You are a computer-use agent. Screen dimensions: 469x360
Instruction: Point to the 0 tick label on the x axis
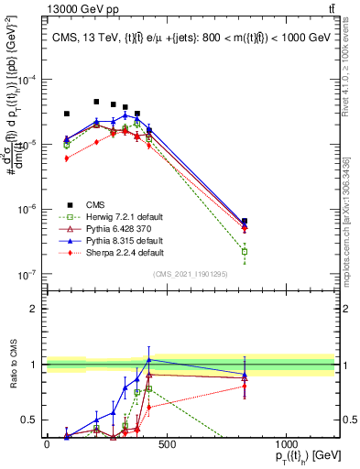click(x=47, y=443)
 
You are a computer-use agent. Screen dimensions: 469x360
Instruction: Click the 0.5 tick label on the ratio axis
click(x=29, y=420)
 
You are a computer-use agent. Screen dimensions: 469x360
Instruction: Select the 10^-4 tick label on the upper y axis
click(x=29, y=80)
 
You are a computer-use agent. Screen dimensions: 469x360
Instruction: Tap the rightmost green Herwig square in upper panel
click(x=245, y=251)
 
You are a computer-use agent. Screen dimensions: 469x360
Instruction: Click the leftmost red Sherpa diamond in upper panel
click(x=66, y=158)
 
